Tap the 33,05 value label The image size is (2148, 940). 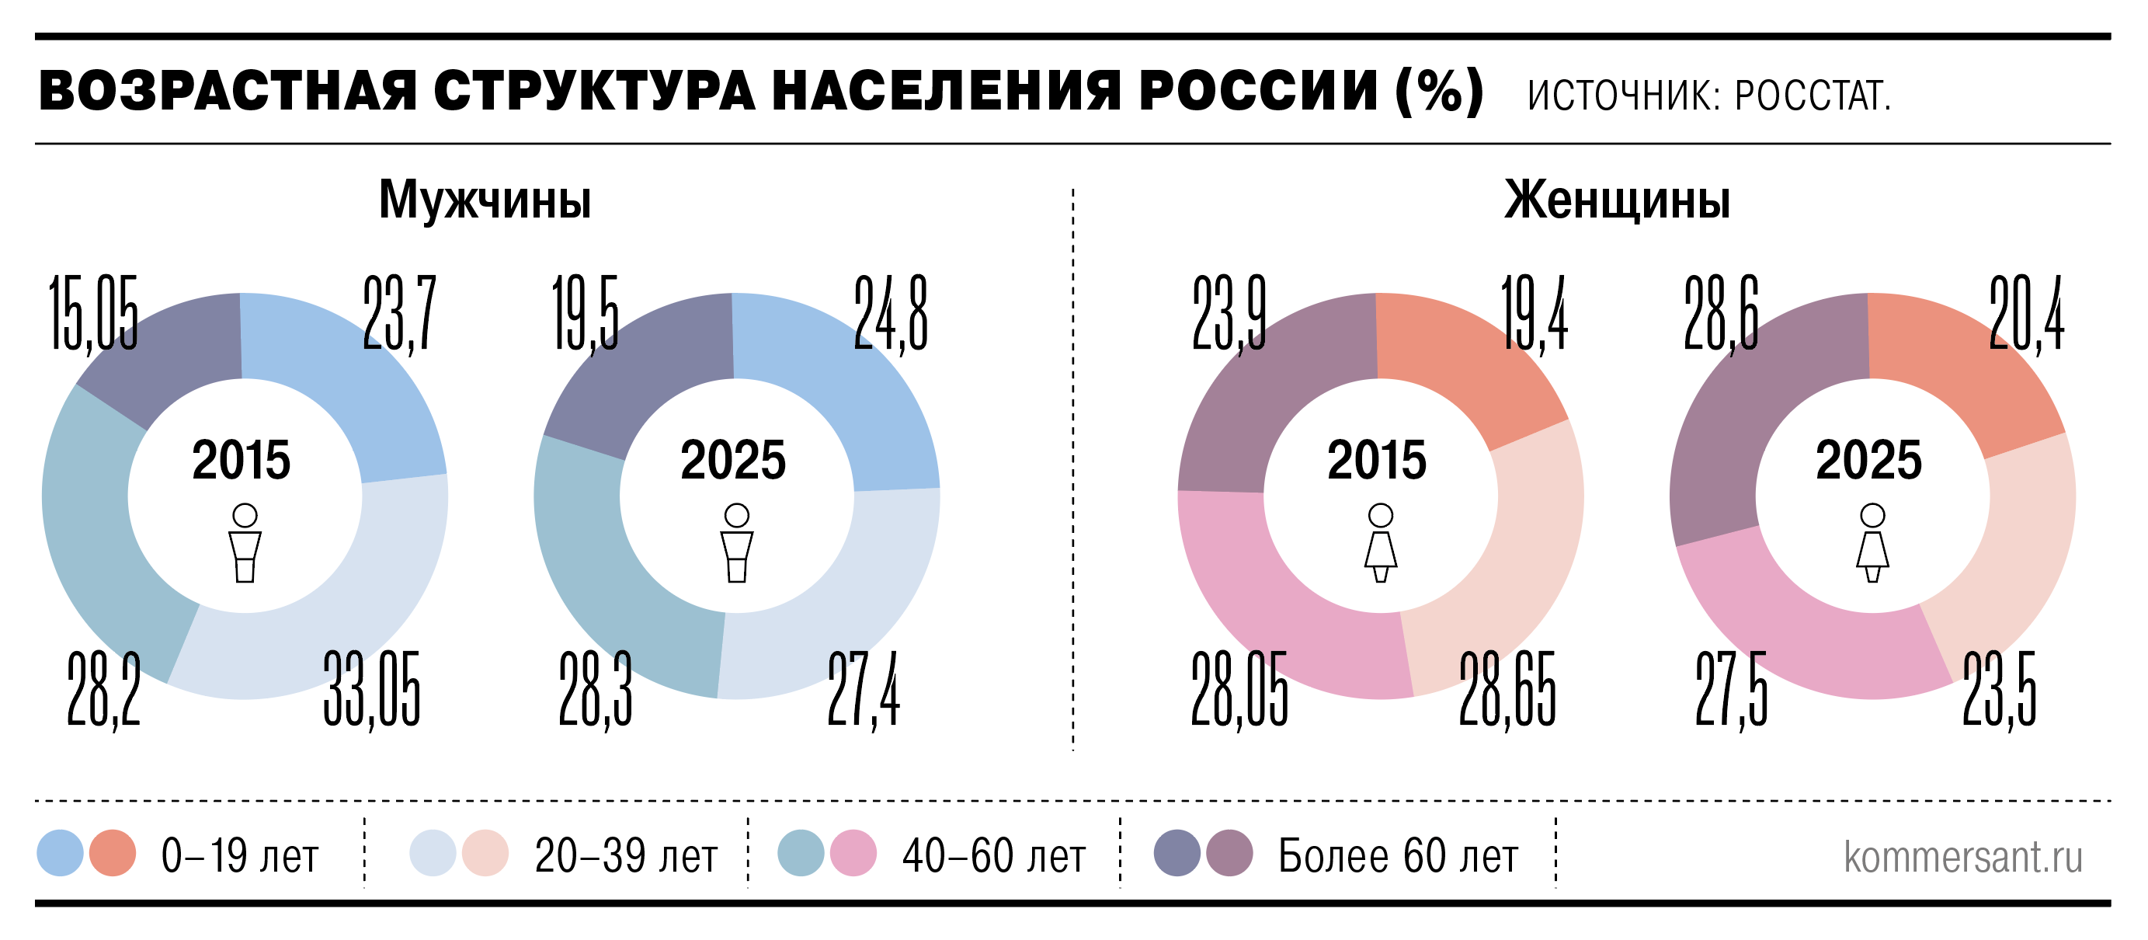tap(372, 689)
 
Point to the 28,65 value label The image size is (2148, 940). tap(1507, 689)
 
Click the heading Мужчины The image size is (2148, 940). tap(485, 200)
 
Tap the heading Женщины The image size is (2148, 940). tap(1617, 200)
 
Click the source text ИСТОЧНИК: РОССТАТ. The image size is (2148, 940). tap(1708, 96)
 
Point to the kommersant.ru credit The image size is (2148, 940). tap(1963, 857)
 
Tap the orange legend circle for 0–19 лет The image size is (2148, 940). tap(113, 853)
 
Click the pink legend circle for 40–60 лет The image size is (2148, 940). tap(853, 853)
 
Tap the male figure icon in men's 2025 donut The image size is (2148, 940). tap(736, 542)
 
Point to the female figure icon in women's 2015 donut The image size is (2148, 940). tap(1380, 542)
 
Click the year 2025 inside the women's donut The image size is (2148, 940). tap(1868, 460)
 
